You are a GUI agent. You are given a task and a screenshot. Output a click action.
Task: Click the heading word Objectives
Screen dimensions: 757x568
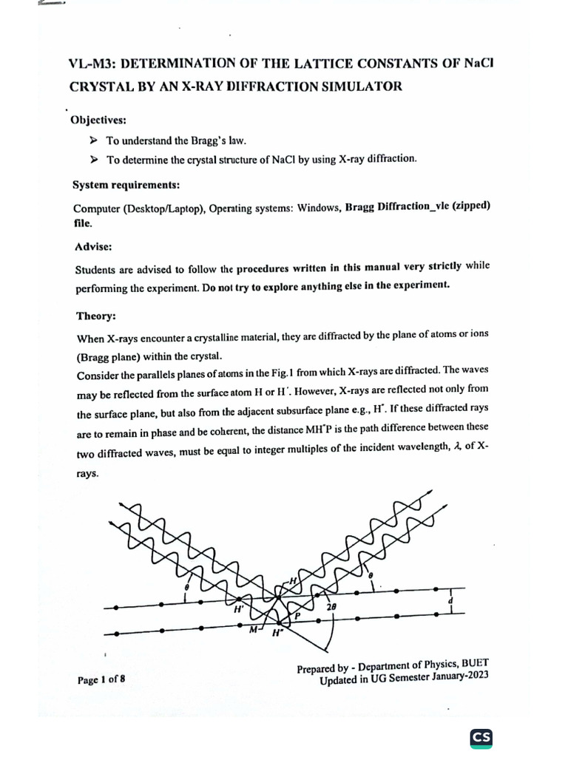(x=98, y=120)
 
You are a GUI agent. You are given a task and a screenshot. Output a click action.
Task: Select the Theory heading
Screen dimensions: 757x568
(x=95, y=316)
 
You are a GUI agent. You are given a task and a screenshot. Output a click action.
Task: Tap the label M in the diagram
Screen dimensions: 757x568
(x=253, y=629)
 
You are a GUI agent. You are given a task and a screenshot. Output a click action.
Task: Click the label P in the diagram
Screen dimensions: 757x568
(x=298, y=615)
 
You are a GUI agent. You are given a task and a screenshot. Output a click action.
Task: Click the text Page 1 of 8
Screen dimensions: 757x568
(x=101, y=679)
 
